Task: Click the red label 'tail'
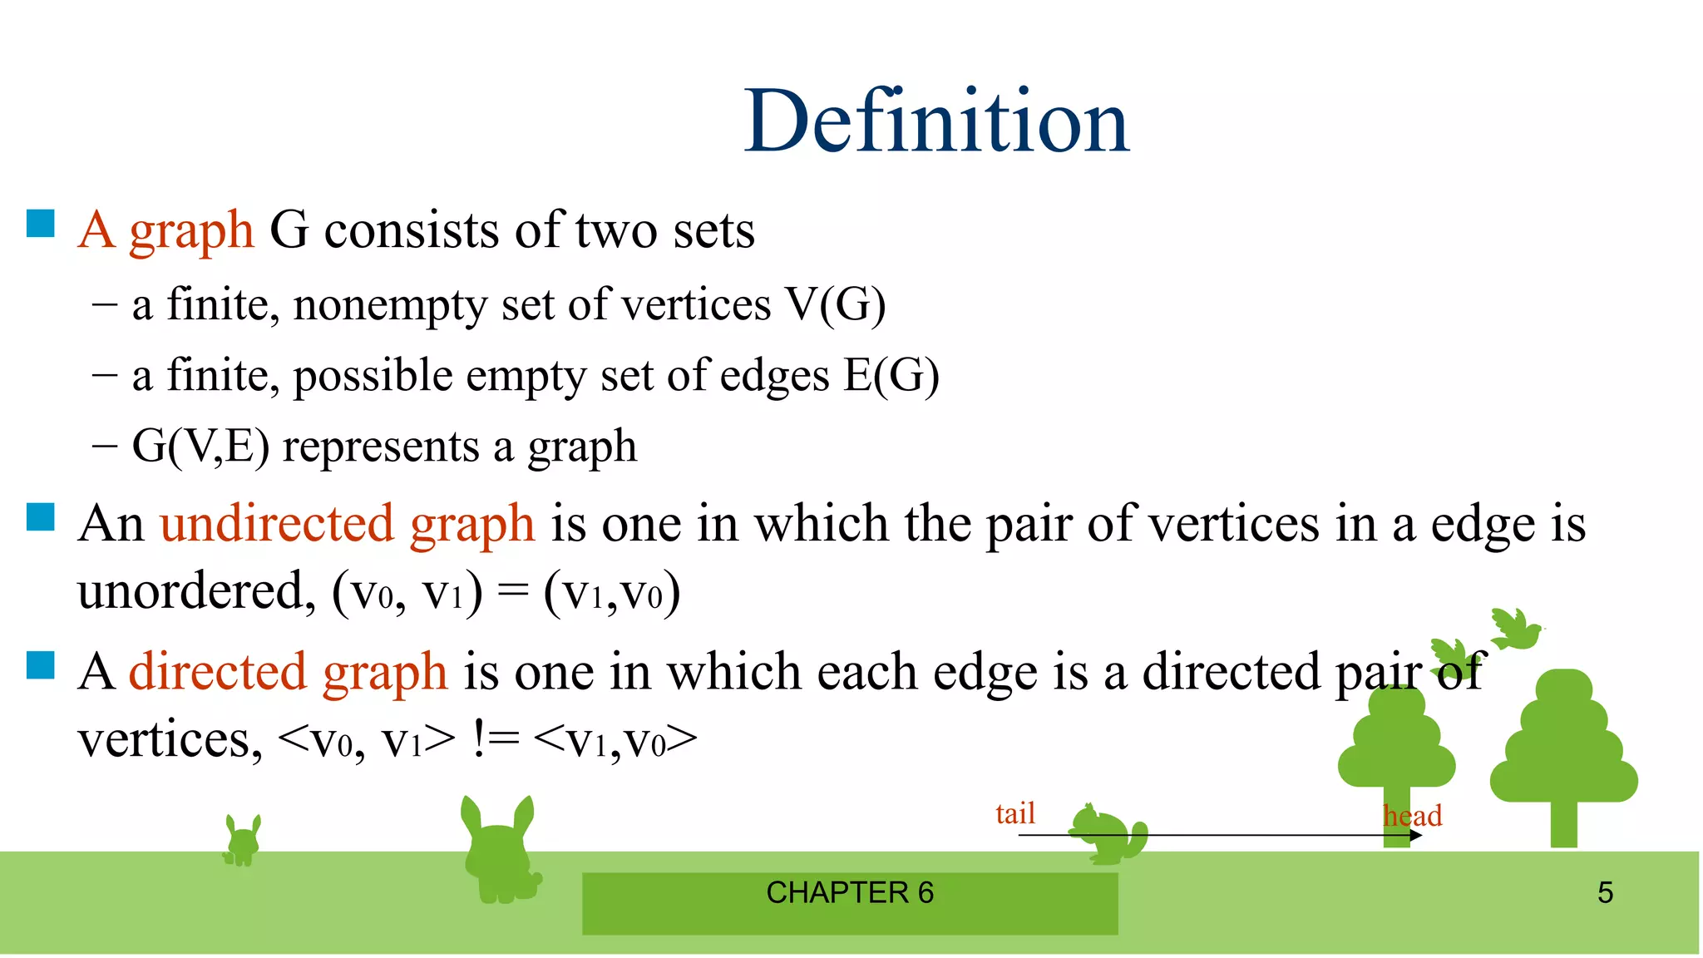(x=1015, y=813)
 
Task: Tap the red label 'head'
(x=1412, y=816)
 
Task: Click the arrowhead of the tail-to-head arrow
(x=1416, y=835)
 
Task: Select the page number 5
(x=1605, y=893)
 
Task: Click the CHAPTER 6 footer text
(x=850, y=893)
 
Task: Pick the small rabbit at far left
(x=242, y=842)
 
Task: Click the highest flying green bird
(x=1515, y=629)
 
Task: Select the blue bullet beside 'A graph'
(x=41, y=224)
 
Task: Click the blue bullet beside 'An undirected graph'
(x=41, y=516)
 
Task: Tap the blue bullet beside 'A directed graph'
(x=41, y=664)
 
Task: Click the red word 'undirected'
(x=277, y=524)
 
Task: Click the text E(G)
(x=891, y=376)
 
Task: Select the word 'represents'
(x=382, y=447)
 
